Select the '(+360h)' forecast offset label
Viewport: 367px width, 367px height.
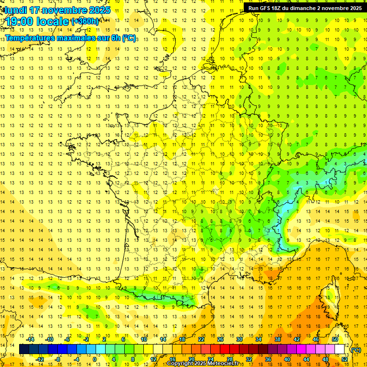pos(85,21)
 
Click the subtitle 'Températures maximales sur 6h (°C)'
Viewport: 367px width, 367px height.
pos(71,38)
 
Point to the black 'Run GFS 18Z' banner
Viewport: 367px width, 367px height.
pos(305,8)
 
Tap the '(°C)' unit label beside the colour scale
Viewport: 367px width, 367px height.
pos(356,350)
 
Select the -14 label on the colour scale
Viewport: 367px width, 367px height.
pos(31,339)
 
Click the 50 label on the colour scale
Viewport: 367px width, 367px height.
pos(335,339)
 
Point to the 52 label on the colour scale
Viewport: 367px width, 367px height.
pos(345,359)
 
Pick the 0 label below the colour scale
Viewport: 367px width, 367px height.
pos(94,359)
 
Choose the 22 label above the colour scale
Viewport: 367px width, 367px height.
pos(201,339)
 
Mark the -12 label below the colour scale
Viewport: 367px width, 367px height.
pos(41,359)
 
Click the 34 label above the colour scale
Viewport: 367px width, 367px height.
pos(259,339)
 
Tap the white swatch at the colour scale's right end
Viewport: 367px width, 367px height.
pos(340,349)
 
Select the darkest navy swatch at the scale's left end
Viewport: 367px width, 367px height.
pos(24,349)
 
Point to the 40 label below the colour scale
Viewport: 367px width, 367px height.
pos(287,359)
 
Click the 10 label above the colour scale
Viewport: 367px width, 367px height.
pos(144,339)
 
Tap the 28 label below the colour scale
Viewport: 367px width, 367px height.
pos(230,359)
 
